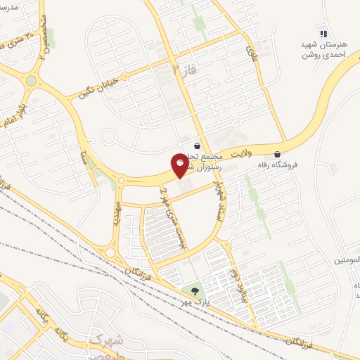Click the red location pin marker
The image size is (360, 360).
pyautogui.click(x=180, y=166)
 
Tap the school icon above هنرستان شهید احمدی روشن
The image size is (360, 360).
pyautogui.click(x=323, y=33)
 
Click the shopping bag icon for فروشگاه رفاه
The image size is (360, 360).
pyautogui.click(x=278, y=154)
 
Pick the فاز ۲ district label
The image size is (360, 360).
pyautogui.click(x=181, y=68)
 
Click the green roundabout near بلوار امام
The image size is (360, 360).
pyautogui.click(x=30, y=81)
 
